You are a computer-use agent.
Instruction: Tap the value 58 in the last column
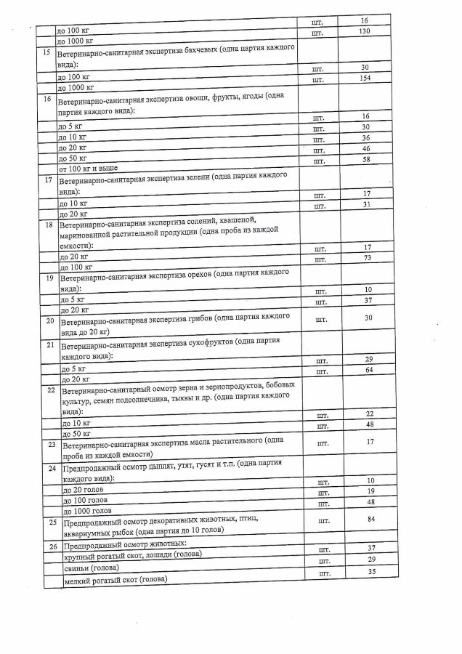point(366,159)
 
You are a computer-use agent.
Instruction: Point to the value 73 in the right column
point(368,259)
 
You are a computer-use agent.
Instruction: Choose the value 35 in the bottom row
point(371,573)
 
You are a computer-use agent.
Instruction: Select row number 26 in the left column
point(52,545)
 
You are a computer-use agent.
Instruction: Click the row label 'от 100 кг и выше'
point(89,169)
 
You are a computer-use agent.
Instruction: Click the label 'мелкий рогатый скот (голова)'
point(115,578)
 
